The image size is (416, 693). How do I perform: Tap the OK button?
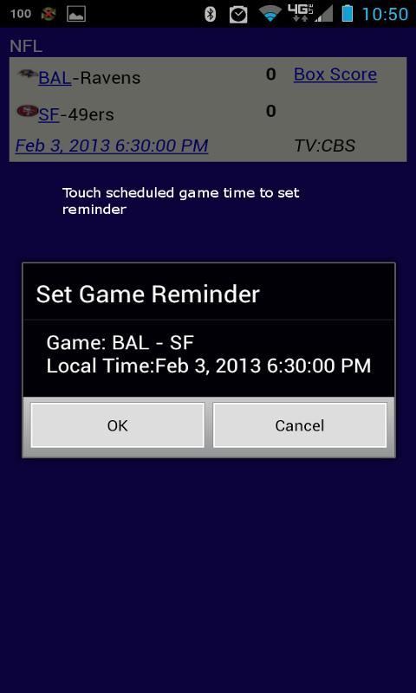[117, 425]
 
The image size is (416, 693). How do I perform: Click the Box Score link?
[335, 74]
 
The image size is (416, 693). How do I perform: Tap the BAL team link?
[55, 78]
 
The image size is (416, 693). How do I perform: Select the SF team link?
[49, 115]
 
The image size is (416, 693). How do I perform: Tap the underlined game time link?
[112, 146]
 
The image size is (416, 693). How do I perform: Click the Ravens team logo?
[28, 74]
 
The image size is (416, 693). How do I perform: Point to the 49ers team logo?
[28, 111]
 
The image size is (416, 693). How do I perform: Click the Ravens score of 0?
[271, 74]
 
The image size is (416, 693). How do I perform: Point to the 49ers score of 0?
[271, 111]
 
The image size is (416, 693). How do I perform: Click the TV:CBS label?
[325, 146]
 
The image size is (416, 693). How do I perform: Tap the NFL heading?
[26, 46]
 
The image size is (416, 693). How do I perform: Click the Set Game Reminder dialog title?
[147, 294]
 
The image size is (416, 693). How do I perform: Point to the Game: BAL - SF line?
[120, 343]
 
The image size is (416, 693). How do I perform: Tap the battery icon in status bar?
[348, 13]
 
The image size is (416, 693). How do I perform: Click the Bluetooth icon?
[210, 14]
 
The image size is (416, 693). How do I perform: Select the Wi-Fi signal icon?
[270, 14]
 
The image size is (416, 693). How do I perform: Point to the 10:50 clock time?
[385, 14]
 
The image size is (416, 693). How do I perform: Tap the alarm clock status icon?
[238, 15]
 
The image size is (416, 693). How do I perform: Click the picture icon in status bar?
[76, 14]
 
